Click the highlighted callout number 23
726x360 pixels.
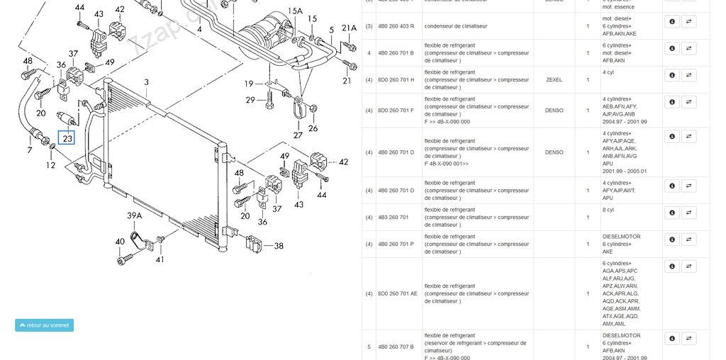[x=67, y=138]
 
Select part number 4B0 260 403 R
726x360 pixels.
[x=396, y=26]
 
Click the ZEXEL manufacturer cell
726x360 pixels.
[x=554, y=80]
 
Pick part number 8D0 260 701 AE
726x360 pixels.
[x=397, y=293]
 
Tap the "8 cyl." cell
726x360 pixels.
[x=609, y=210]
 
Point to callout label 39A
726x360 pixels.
[x=135, y=215]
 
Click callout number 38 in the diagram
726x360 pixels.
[x=279, y=246]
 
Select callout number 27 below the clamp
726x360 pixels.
[x=298, y=135]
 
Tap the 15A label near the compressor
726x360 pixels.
[x=295, y=11]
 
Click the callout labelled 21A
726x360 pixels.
[x=349, y=28]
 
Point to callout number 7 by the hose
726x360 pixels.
[x=30, y=150]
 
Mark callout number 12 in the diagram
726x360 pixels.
[x=51, y=165]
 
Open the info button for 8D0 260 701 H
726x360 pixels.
[x=671, y=75]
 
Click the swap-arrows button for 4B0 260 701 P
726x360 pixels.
[x=688, y=240]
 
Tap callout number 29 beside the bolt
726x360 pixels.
[x=250, y=100]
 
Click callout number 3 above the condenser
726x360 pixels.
[x=146, y=82]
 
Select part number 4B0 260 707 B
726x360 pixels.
[x=396, y=347]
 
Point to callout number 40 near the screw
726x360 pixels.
[x=120, y=242]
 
